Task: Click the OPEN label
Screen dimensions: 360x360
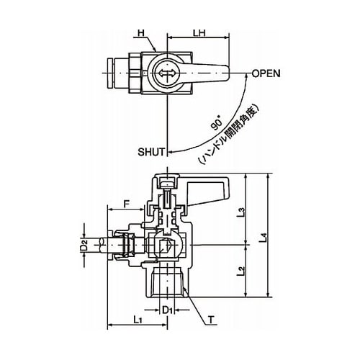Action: [x=266, y=73]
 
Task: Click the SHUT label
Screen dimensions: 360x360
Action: [x=152, y=152]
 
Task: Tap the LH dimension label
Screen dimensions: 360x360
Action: [x=199, y=32]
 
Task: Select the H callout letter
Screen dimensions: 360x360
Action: [x=141, y=32]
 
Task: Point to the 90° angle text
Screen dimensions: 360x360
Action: [x=217, y=125]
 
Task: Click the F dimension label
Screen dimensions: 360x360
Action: [x=126, y=204]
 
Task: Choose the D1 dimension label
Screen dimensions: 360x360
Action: [x=167, y=310]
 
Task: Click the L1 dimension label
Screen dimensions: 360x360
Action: [x=137, y=320]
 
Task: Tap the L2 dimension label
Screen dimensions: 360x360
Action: [x=243, y=271]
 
